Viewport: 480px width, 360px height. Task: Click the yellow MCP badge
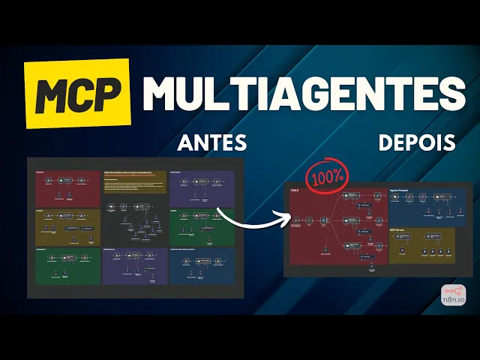coord(78,94)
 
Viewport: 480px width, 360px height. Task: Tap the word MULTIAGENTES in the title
coord(304,92)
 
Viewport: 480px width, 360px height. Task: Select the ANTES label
coord(211,142)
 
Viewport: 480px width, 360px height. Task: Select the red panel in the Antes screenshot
coord(67,187)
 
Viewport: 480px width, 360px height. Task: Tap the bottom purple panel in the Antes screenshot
coord(134,265)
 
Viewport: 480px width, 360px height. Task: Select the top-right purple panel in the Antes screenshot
coord(202,187)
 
